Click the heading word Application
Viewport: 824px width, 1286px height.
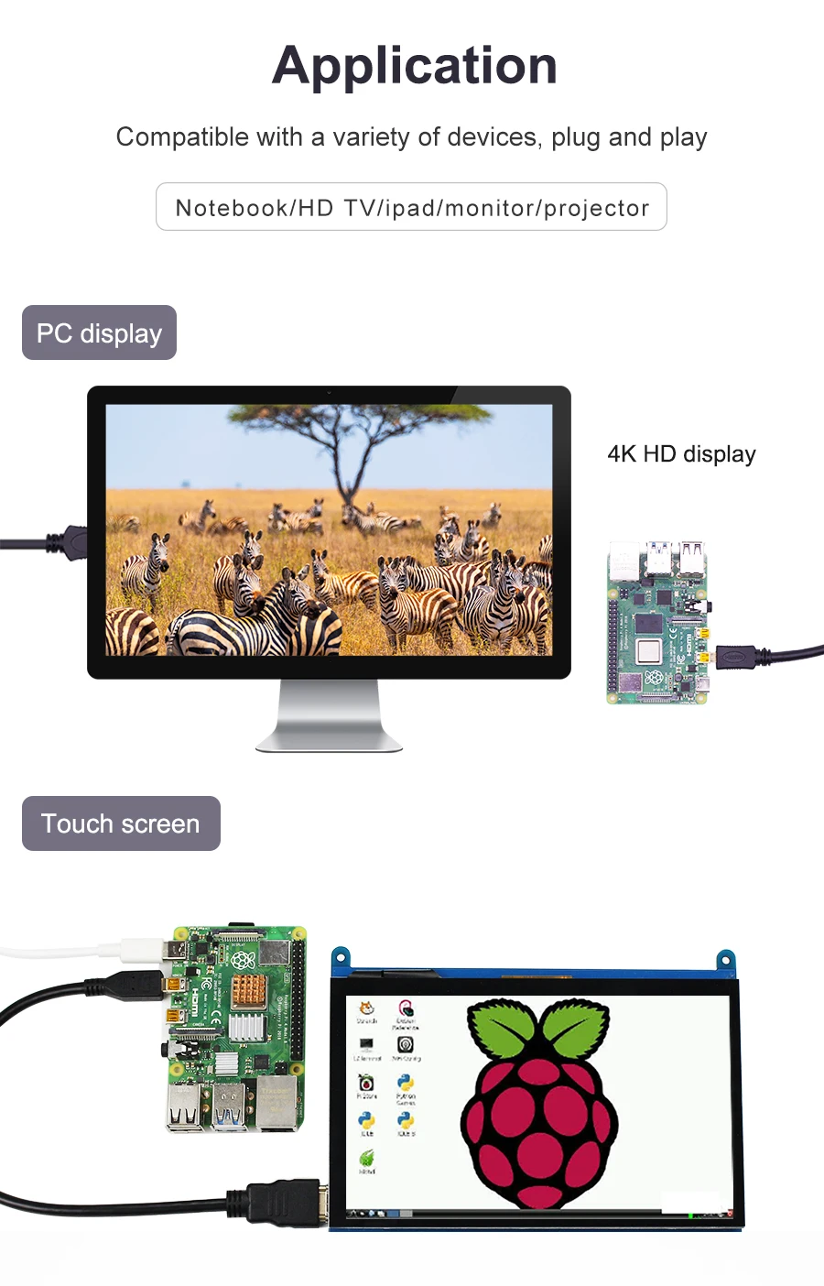click(x=415, y=65)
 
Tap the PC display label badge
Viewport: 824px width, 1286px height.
click(x=99, y=332)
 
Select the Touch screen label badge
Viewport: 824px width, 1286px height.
click(x=121, y=823)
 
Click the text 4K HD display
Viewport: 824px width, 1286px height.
click(x=681, y=454)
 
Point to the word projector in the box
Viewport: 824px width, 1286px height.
click(x=596, y=208)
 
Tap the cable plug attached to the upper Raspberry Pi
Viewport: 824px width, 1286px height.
click(x=737, y=656)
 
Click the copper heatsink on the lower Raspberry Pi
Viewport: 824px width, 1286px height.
click(x=247, y=990)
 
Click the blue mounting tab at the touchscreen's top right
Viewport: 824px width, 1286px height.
click(x=725, y=961)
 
